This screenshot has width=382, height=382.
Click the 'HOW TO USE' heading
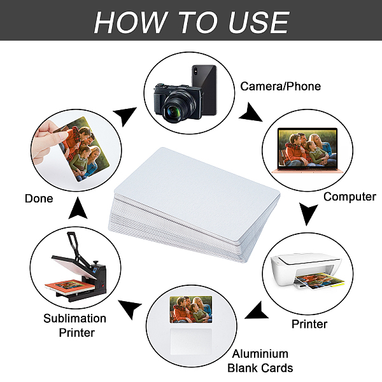point(192,22)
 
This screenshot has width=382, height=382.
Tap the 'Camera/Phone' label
point(280,86)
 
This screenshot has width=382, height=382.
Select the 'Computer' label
point(350,197)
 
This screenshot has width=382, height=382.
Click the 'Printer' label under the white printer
point(309,324)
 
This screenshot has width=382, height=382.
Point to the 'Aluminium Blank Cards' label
point(260,361)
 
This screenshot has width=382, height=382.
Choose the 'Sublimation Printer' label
point(74,325)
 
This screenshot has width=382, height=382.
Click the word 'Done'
point(39,199)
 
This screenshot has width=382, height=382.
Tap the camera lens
point(175,111)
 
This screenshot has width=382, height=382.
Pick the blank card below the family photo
point(191,341)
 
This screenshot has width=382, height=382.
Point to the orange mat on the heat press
point(69,285)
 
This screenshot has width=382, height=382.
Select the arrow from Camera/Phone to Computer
point(251,113)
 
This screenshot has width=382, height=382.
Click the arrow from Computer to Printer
point(308,213)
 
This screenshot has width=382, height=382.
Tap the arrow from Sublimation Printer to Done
point(78,208)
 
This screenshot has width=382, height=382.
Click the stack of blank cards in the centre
point(194,204)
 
